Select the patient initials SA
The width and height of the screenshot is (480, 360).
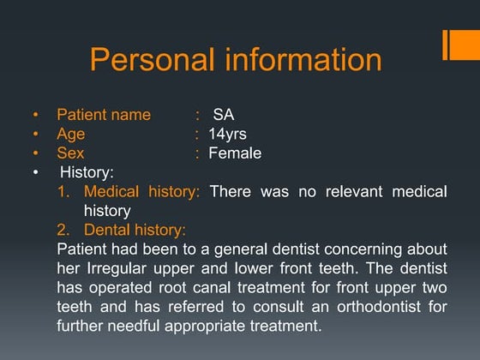tap(223, 115)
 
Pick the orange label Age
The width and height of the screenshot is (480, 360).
tap(71, 135)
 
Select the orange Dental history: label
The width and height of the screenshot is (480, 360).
tap(135, 230)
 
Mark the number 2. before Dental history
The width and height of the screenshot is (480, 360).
tap(63, 230)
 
